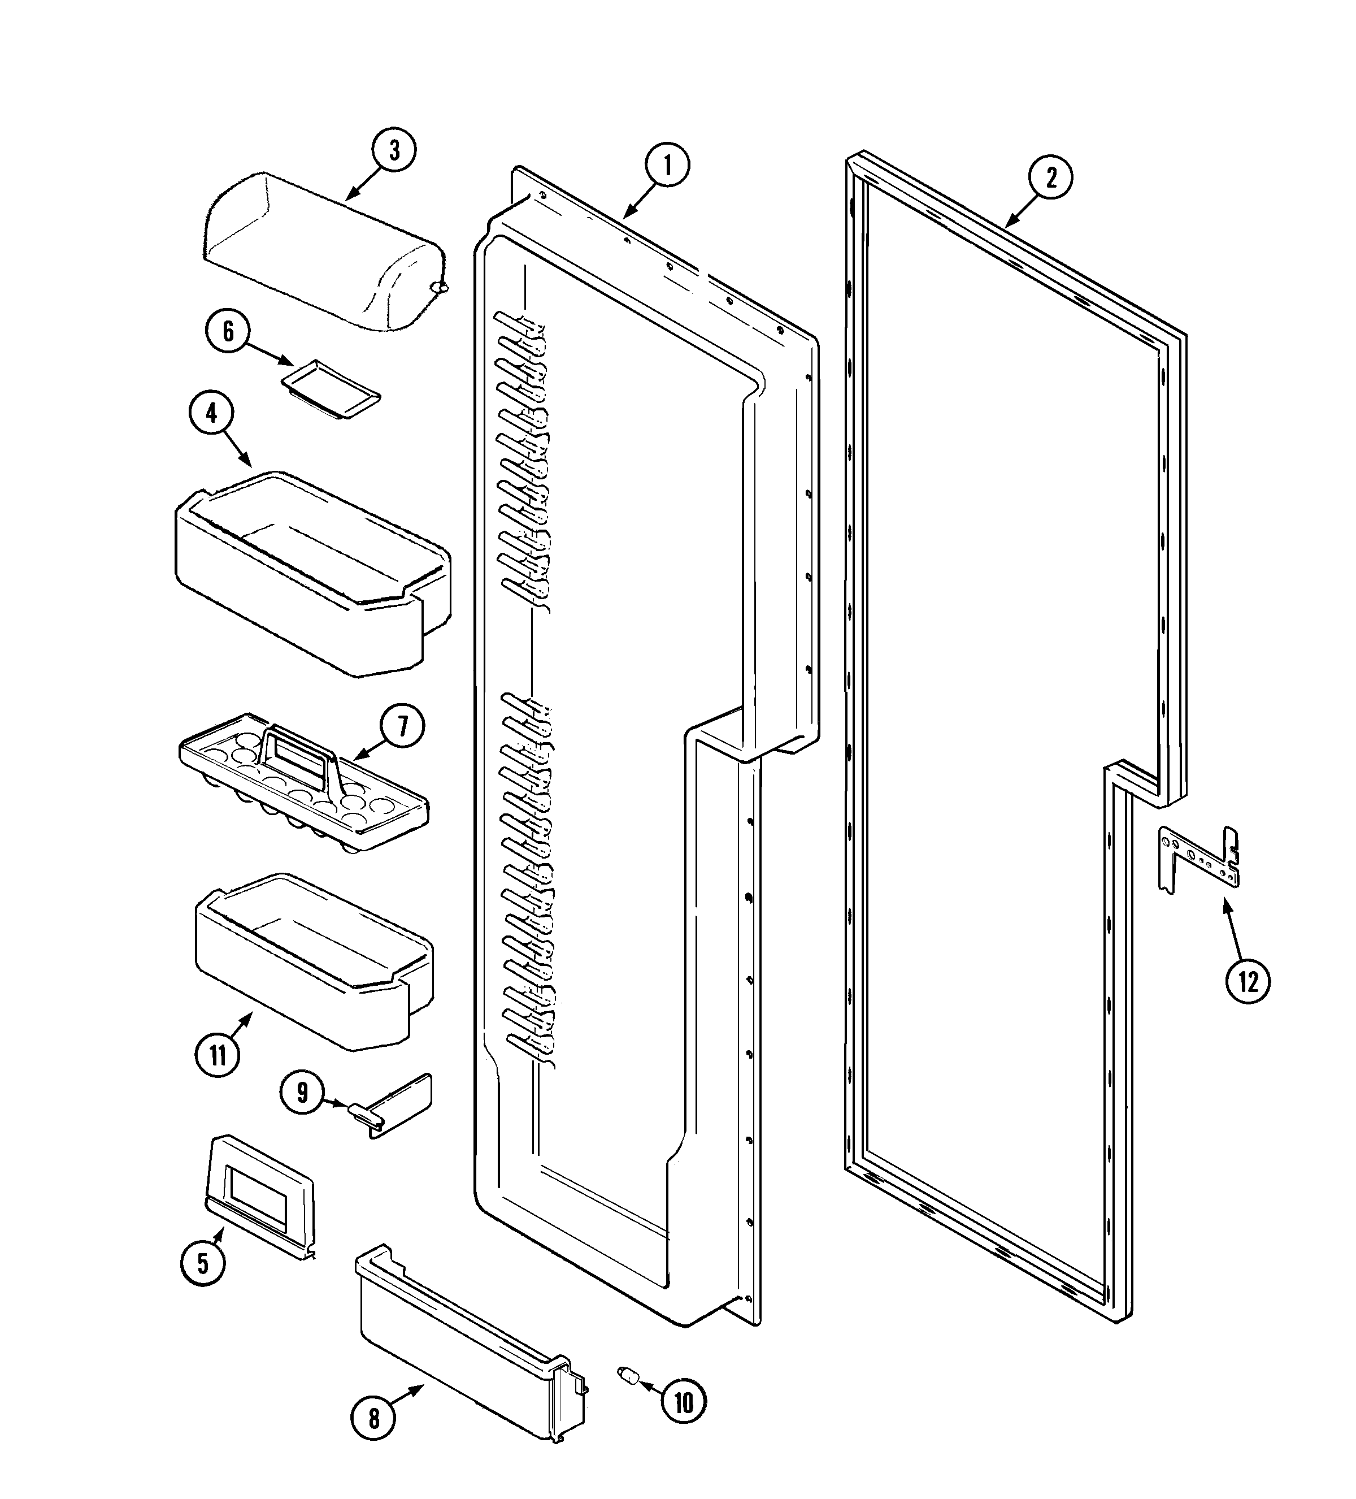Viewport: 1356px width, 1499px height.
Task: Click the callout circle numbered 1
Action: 667,166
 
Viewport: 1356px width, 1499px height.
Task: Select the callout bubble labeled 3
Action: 394,150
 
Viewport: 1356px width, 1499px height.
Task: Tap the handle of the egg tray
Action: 297,747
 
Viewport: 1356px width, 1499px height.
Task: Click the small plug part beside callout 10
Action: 629,1376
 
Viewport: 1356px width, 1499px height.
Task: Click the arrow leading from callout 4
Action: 237,448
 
